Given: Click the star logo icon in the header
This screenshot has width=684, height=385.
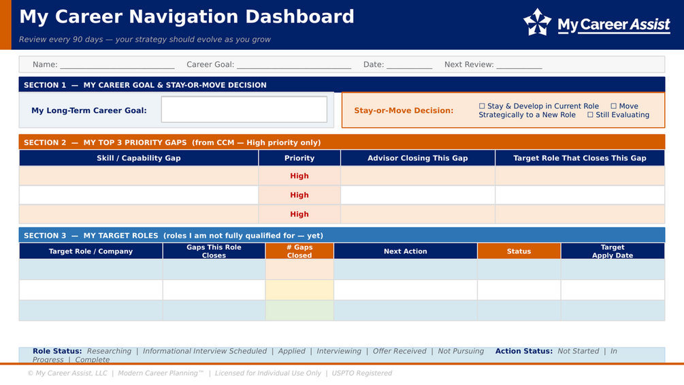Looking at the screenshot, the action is pyautogui.click(x=537, y=22).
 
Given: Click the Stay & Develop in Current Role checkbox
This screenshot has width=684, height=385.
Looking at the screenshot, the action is pyautogui.click(x=482, y=106).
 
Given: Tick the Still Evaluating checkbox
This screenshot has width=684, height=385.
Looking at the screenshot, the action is pyautogui.click(x=590, y=114).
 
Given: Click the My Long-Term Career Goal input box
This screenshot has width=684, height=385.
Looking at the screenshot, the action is pyautogui.click(x=244, y=110).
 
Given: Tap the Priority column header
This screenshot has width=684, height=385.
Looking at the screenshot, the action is pyautogui.click(x=299, y=158).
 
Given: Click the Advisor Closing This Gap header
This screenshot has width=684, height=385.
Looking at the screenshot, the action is pyautogui.click(x=417, y=158).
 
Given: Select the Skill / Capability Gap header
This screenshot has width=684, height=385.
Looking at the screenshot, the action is pyautogui.click(x=139, y=158).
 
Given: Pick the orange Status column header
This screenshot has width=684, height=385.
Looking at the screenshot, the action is pyautogui.click(x=519, y=251).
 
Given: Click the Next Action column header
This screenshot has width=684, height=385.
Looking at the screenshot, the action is pyautogui.click(x=405, y=251).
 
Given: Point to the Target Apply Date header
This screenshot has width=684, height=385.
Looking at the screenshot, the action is pyautogui.click(x=613, y=251).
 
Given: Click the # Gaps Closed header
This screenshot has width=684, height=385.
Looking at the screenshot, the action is pyautogui.click(x=299, y=251).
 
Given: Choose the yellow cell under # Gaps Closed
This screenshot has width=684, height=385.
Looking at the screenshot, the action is pyautogui.click(x=299, y=290).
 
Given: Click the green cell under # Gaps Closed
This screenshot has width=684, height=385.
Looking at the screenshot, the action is pyautogui.click(x=299, y=310).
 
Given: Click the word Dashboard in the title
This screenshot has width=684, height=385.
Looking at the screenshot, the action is pyautogui.click(x=299, y=16).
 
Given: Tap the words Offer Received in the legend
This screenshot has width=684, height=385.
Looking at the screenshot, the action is pyautogui.click(x=399, y=351).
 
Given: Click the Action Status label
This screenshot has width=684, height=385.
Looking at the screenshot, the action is pyautogui.click(x=523, y=351).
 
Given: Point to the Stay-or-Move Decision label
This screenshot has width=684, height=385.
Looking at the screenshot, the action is pyautogui.click(x=404, y=110).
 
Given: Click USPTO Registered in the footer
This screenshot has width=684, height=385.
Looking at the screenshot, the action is pyautogui.click(x=361, y=373).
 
